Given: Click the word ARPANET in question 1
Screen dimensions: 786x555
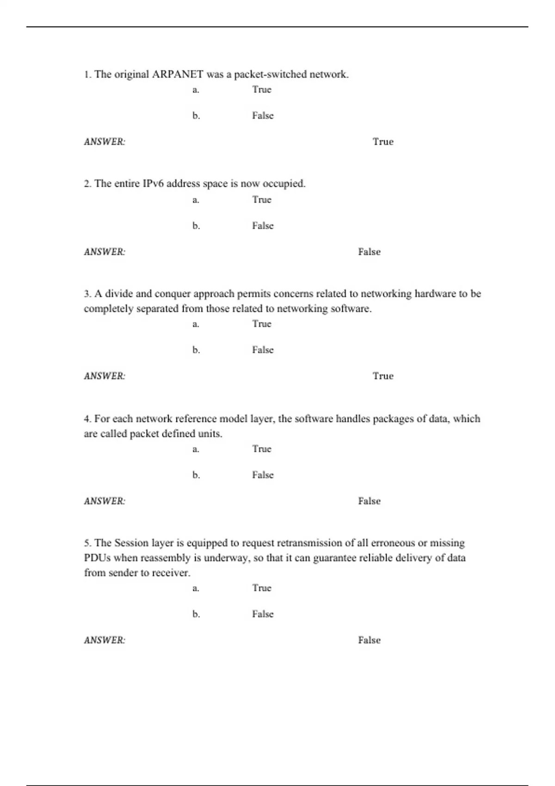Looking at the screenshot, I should click(x=178, y=74).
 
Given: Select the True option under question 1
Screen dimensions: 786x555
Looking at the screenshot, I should click(x=262, y=90).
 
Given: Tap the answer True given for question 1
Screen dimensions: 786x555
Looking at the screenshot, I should click(x=383, y=142).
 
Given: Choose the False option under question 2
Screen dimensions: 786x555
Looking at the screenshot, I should click(x=263, y=226).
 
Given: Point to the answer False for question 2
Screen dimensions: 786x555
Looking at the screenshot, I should click(x=369, y=252).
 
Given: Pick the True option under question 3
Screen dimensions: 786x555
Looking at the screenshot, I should click(x=262, y=324).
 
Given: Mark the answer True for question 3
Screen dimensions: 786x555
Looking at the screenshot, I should click(x=383, y=376).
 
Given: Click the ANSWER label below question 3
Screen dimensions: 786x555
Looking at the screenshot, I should click(x=105, y=376).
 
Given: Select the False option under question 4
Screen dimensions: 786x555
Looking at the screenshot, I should click(x=263, y=475).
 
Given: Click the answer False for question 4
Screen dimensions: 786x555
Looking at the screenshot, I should click(x=369, y=501).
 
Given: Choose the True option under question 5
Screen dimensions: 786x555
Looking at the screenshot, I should click(x=262, y=588).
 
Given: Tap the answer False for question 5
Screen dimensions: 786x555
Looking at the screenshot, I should click(x=369, y=640).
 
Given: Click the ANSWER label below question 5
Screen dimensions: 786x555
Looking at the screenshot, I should click(x=105, y=640).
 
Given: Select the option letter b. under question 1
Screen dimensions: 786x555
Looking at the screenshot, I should click(x=196, y=116).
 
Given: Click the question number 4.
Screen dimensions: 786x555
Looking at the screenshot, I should click(x=87, y=419).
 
